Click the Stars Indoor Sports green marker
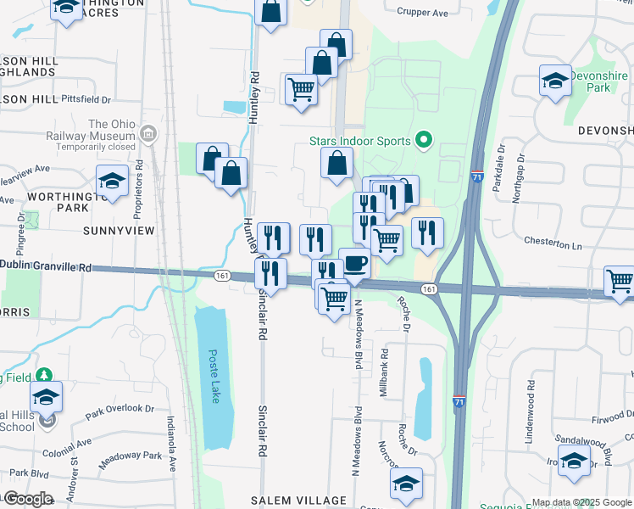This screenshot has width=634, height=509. click(x=425, y=141)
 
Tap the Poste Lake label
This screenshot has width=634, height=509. click(x=214, y=376)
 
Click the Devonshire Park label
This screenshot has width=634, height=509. click(x=602, y=81)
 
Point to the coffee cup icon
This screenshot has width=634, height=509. click(x=353, y=262)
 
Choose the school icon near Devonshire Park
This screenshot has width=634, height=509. click(x=555, y=81)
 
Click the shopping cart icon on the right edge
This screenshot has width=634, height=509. click(x=620, y=282)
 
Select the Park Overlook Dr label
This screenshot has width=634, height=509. click(x=120, y=411)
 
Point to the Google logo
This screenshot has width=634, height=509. click(x=28, y=499)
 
